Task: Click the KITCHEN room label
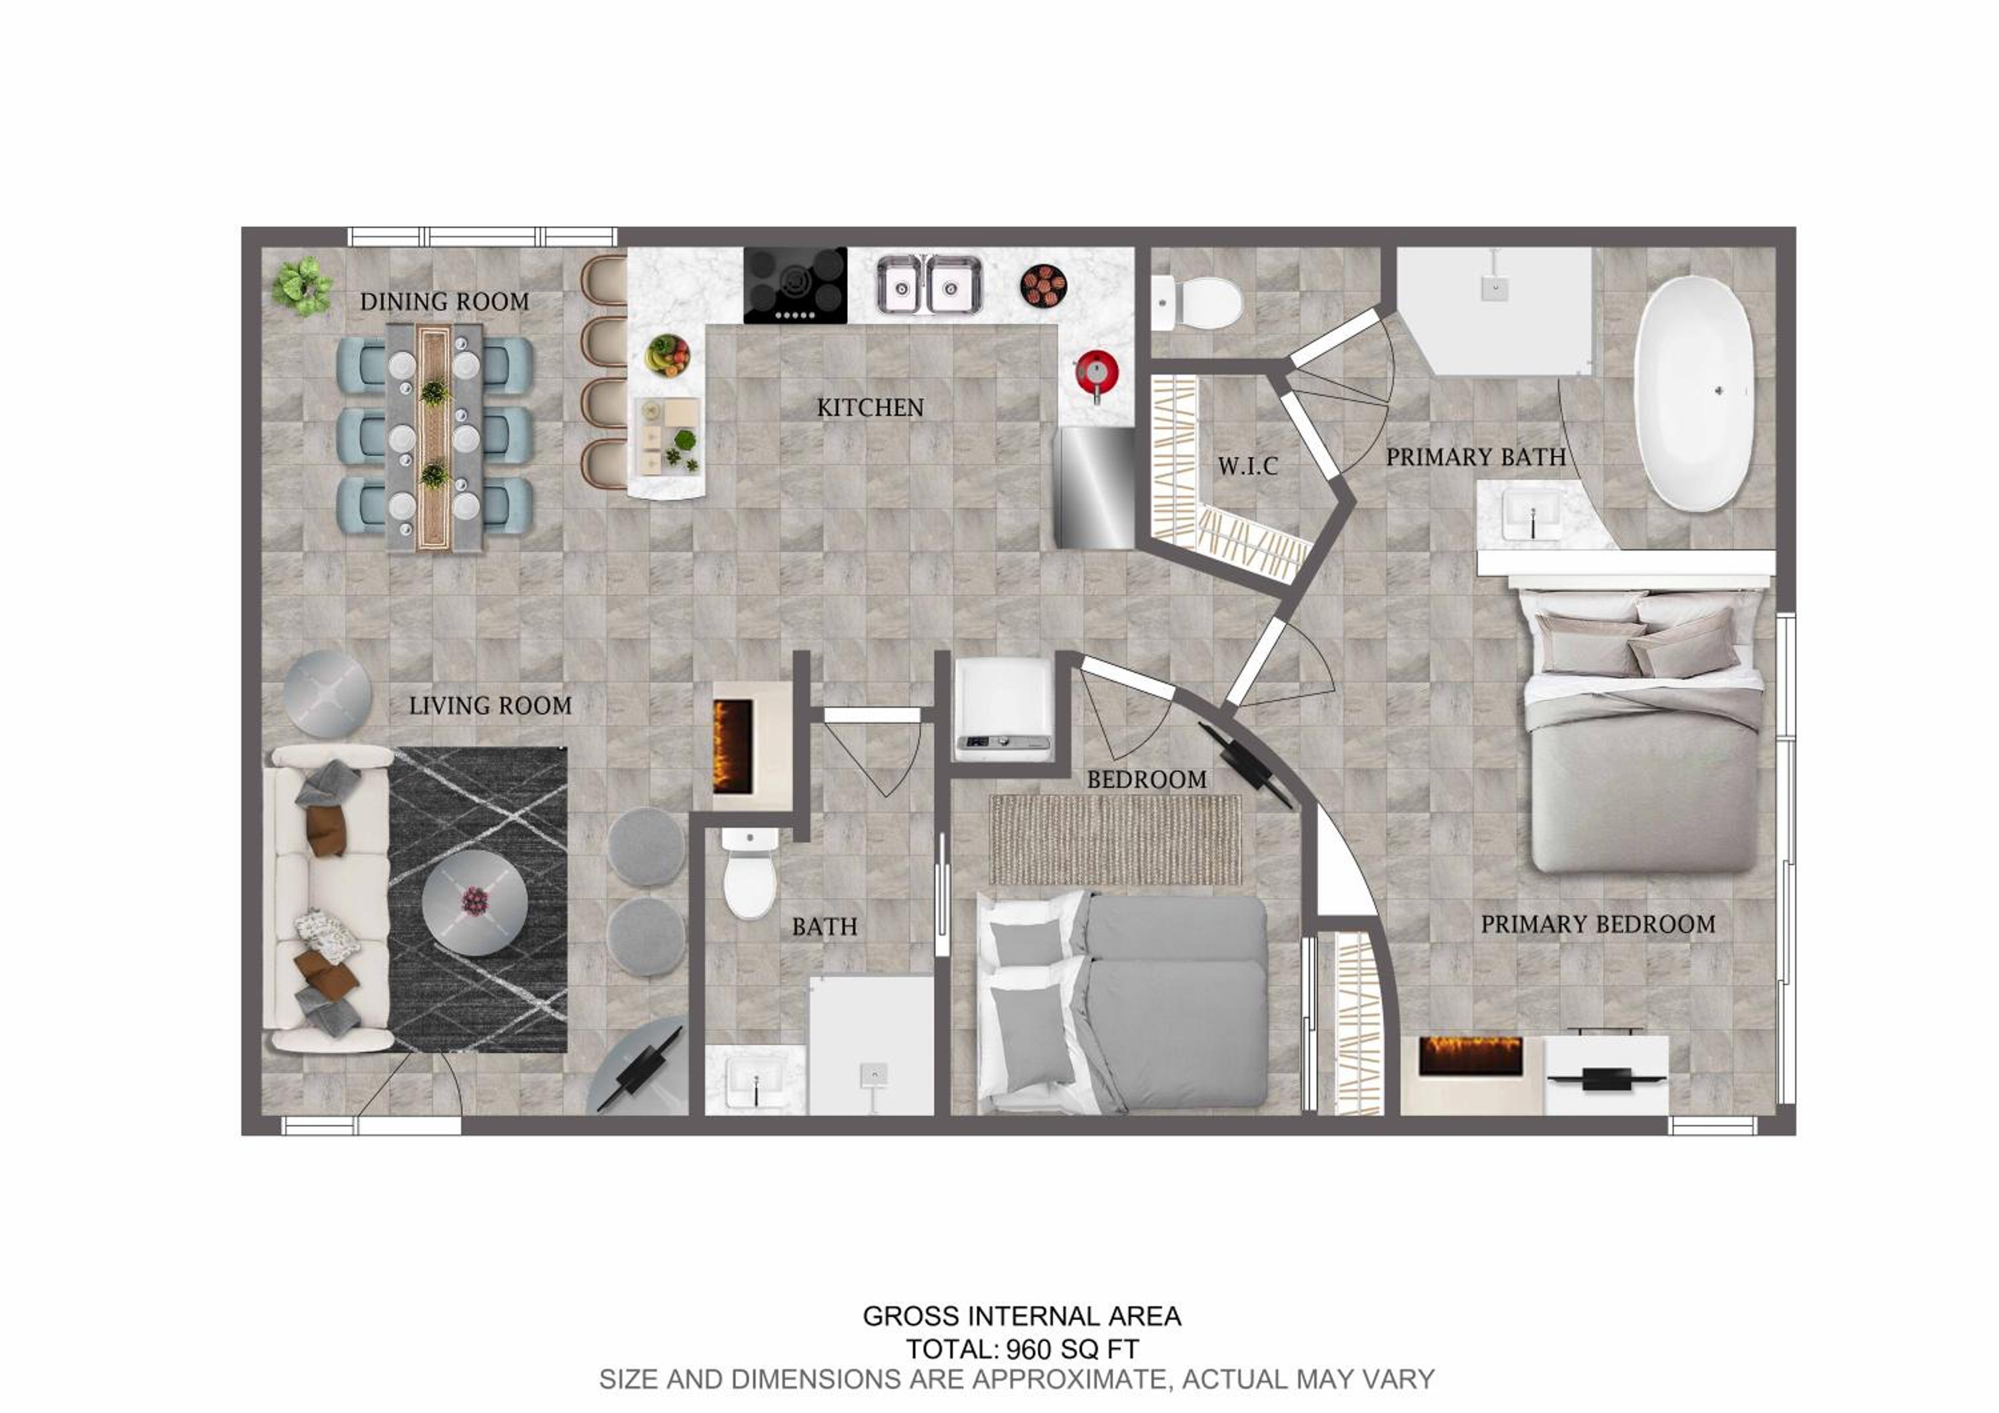click(x=870, y=407)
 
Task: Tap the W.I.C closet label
click(x=1247, y=466)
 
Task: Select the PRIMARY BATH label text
click(x=1476, y=457)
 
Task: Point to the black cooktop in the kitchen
click(x=795, y=285)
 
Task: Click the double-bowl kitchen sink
click(x=929, y=284)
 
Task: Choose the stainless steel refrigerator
click(x=1094, y=487)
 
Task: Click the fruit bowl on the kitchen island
click(x=668, y=355)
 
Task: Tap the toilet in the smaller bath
click(x=750, y=872)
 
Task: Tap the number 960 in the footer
click(x=1027, y=1350)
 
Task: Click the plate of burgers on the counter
click(x=1043, y=285)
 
